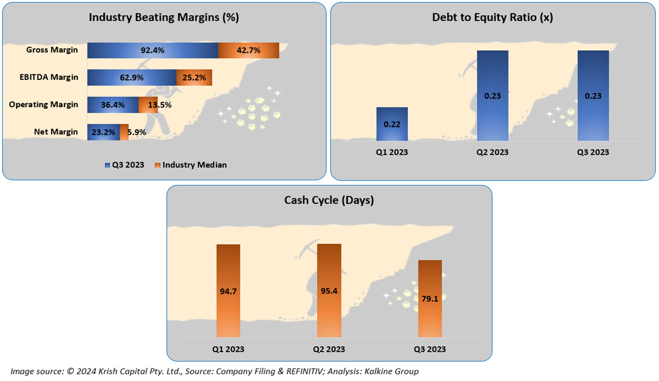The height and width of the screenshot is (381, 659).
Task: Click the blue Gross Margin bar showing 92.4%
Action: click(x=152, y=50)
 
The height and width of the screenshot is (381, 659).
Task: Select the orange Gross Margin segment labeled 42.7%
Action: click(x=248, y=50)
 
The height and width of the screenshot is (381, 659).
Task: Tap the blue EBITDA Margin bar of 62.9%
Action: click(x=132, y=78)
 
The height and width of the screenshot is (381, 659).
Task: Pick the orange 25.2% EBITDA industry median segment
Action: click(x=194, y=78)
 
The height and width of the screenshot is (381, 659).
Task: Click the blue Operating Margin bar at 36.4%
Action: click(x=113, y=105)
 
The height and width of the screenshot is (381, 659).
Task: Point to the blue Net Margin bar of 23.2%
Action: click(x=103, y=132)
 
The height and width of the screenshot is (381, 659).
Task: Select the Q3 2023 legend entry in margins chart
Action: click(x=125, y=165)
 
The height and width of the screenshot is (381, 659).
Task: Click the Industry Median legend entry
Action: click(x=191, y=165)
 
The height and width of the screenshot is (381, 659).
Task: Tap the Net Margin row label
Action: click(x=56, y=132)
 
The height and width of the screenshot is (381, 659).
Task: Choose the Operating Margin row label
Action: click(x=44, y=105)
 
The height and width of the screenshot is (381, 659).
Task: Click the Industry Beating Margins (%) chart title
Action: click(x=164, y=17)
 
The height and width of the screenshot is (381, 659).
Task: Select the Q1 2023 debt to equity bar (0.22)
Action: click(x=392, y=124)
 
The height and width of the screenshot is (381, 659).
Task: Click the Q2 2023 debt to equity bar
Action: click(x=492, y=96)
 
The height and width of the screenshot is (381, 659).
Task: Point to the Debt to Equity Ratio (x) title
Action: click(x=492, y=17)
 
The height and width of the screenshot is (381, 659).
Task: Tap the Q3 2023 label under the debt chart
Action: click(x=593, y=152)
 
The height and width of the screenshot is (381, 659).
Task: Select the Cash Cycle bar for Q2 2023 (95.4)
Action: click(x=329, y=291)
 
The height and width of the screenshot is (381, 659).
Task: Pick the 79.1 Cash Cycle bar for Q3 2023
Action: click(x=430, y=299)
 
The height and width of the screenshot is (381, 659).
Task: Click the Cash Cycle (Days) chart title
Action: click(x=329, y=200)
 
